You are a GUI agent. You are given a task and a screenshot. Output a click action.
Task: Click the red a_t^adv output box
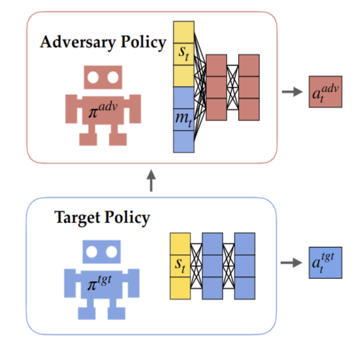click(x=325, y=92)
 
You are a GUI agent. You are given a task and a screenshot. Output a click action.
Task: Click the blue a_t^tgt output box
click(x=325, y=263)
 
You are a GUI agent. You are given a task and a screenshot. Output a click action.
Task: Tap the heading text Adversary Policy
click(x=103, y=43)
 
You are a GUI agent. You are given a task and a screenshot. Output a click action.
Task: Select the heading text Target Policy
click(x=102, y=218)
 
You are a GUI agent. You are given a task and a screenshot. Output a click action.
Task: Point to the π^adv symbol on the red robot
click(x=103, y=111)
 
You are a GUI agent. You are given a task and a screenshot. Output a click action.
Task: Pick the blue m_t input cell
click(x=183, y=119)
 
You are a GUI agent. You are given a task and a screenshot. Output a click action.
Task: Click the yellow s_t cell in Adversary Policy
click(x=183, y=54)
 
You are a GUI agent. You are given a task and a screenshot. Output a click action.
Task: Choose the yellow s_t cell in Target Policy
click(x=180, y=266)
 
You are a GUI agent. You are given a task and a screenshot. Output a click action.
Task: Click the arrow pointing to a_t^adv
click(x=292, y=92)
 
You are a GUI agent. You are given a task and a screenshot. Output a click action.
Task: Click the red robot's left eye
click(x=93, y=78)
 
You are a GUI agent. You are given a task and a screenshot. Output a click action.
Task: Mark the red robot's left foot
click(x=88, y=139)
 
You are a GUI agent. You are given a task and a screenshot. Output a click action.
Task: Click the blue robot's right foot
click(x=116, y=313)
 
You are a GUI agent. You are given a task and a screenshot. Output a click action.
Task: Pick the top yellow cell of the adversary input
click(x=183, y=32)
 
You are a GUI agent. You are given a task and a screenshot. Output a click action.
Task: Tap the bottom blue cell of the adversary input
click(x=183, y=142)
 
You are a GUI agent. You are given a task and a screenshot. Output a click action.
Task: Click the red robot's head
click(x=103, y=78)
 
